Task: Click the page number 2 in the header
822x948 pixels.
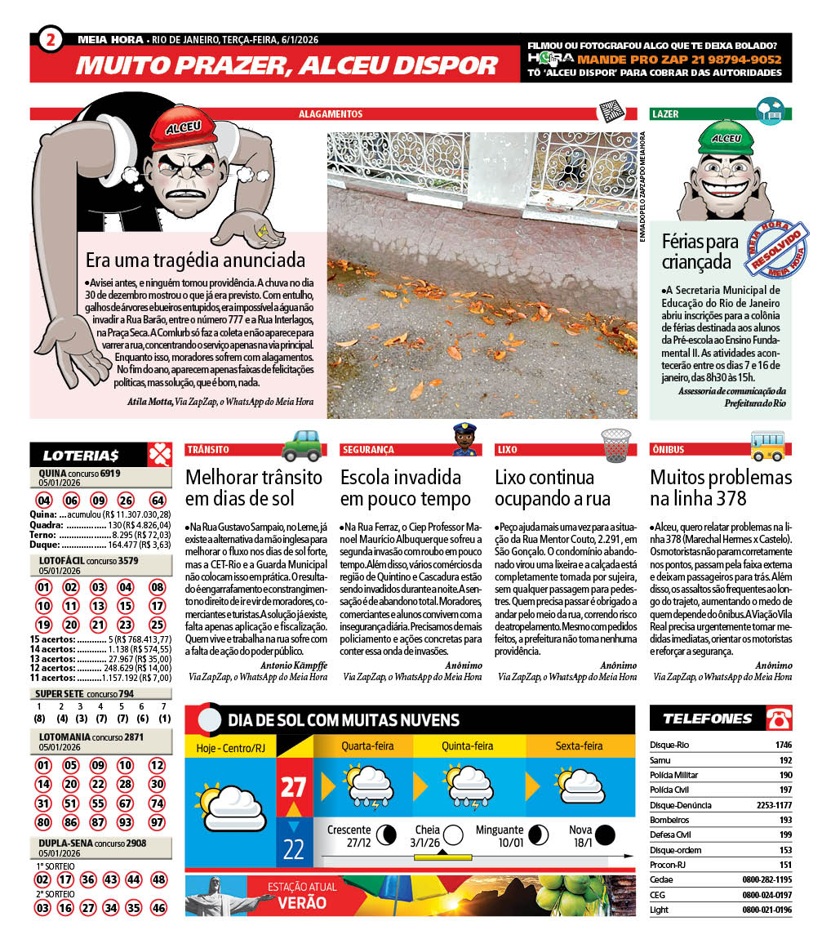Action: click(x=51, y=39)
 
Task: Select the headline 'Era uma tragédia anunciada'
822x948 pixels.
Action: click(x=196, y=260)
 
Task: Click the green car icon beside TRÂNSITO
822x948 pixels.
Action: click(x=301, y=446)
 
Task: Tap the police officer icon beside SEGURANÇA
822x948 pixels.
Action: click(x=464, y=439)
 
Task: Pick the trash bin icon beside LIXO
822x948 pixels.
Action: click(x=616, y=445)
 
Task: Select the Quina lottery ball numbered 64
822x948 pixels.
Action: click(x=158, y=501)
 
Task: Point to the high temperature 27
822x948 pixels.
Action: click(x=294, y=786)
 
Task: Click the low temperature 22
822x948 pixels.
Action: click(x=294, y=848)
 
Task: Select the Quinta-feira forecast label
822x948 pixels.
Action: click(x=467, y=745)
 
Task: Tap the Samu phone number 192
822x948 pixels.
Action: click(x=785, y=759)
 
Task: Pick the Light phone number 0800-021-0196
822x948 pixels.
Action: click(x=766, y=909)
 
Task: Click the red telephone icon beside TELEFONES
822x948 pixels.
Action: click(x=779, y=719)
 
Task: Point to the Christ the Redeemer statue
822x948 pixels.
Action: click(x=212, y=895)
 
